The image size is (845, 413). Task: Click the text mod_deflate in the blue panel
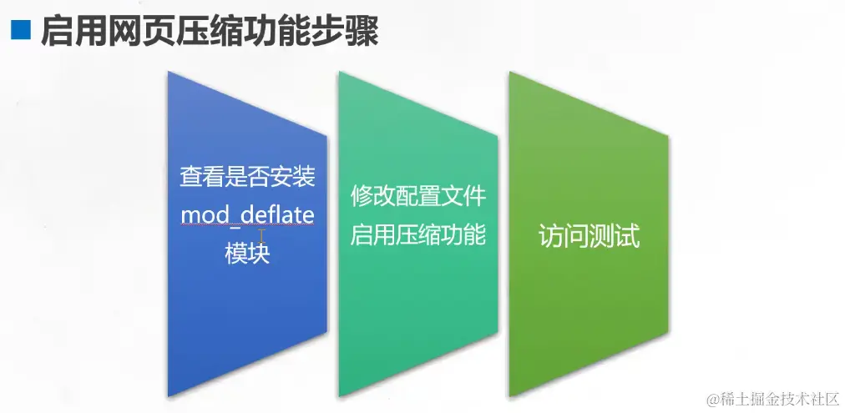[247, 216]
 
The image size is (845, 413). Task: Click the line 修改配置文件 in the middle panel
[418, 197]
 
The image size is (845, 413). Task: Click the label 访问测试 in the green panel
[589, 237]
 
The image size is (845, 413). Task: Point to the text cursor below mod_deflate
[261, 235]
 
